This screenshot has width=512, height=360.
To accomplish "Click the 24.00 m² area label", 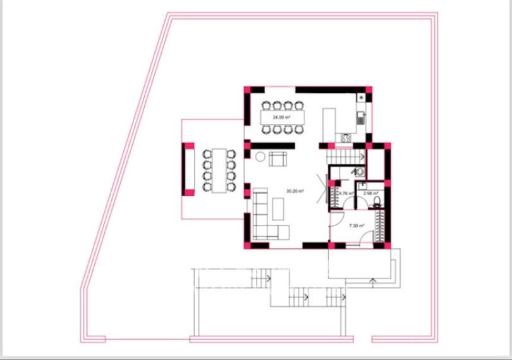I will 281,117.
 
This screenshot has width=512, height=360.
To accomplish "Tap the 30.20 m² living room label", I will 295,191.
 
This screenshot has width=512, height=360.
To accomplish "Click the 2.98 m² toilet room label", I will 370,193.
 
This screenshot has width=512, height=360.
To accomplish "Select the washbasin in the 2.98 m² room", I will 362,186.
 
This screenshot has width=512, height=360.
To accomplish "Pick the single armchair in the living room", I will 278,159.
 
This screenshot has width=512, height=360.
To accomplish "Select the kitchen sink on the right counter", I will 361,117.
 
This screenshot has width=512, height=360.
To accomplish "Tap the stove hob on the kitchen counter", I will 346,137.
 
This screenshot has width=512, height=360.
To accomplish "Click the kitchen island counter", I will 329,124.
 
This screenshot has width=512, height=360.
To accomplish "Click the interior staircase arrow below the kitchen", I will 362,156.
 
